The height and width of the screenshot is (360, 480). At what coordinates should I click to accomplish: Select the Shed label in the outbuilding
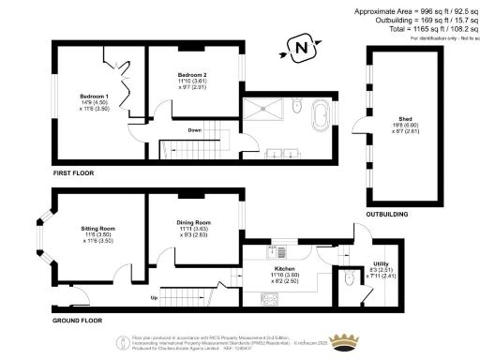[x=405, y=121]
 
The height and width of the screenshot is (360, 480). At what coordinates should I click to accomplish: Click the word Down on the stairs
[x=195, y=130]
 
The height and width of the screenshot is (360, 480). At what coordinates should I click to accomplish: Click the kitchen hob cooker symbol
[x=270, y=300]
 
